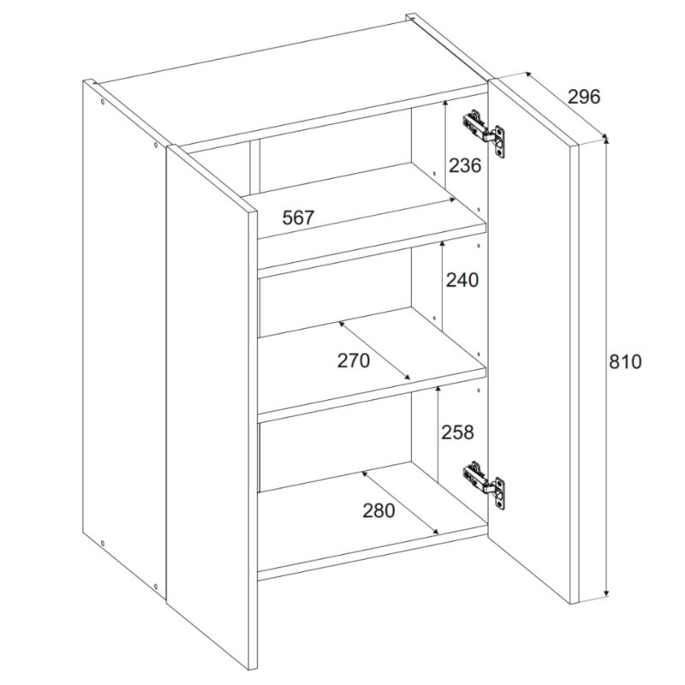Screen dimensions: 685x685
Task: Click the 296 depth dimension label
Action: click(x=584, y=97)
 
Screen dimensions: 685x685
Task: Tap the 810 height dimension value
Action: click(x=625, y=361)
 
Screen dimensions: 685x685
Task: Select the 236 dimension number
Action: click(x=465, y=165)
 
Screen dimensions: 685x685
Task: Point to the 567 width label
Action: click(x=298, y=217)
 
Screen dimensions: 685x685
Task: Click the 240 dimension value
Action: click(x=462, y=280)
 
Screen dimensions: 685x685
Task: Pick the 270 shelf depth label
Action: click(x=354, y=360)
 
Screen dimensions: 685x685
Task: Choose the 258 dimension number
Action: click(x=457, y=432)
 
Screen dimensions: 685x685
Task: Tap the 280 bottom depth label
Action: click(x=378, y=510)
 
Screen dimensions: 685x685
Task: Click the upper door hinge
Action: click(x=484, y=133)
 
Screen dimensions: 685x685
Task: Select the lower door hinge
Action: click(x=484, y=484)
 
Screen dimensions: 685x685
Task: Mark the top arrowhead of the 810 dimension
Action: click(x=605, y=140)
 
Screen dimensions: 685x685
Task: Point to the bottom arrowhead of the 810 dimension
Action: click(x=605, y=593)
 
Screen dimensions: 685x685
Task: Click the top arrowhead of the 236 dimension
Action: click(x=444, y=104)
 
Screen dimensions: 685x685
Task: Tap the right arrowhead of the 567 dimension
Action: click(x=452, y=200)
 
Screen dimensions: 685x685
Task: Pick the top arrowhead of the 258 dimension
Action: click(x=438, y=390)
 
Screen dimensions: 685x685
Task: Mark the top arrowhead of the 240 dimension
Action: click(x=442, y=244)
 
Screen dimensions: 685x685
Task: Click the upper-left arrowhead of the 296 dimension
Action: click(x=528, y=75)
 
